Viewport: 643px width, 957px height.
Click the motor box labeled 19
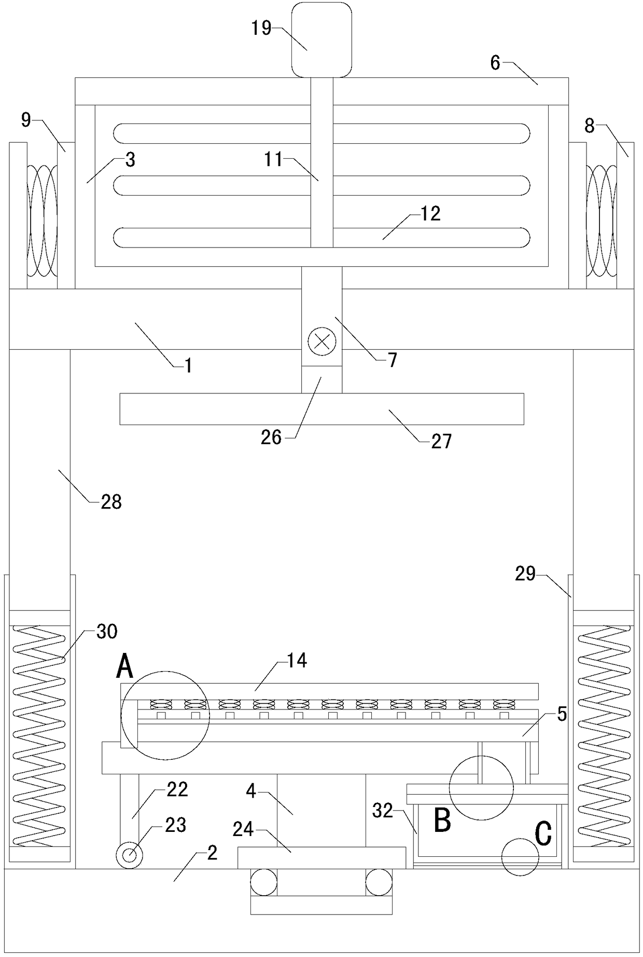[321, 39]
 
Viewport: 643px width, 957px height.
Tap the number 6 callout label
[495, 63]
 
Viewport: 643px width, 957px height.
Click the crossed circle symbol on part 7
[321, 341]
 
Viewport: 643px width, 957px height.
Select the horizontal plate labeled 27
[321, 409]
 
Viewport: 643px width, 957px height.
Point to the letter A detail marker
[124, 667]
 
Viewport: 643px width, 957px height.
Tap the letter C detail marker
[542, 834]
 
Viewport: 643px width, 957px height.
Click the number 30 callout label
[106, 632]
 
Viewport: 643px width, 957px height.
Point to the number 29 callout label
[525, 573]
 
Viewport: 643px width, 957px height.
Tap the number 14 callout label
[297, 661]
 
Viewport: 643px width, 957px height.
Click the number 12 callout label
[430, 213]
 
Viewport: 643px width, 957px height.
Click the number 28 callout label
[110, 502]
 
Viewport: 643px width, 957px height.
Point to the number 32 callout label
[383, 810]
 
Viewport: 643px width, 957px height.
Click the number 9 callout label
[26, 120]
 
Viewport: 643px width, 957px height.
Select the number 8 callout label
[589, 126]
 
